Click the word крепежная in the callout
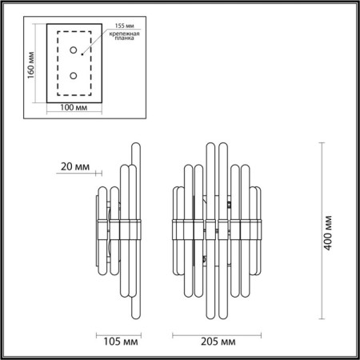click(x=125, y=37)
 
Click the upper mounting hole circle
click(x=74, y=50)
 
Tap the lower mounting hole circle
click(x=74, y=77)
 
